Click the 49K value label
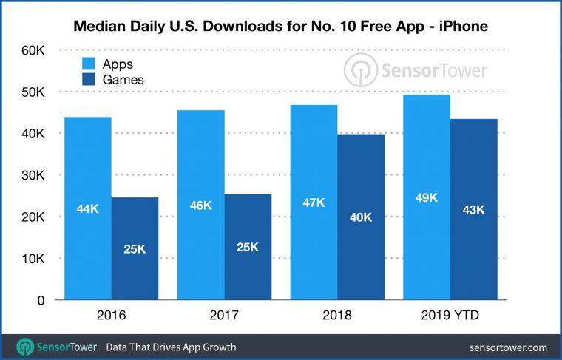coord(427,197)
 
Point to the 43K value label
coord(473,209)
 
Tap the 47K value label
coord(314,202)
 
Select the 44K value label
coord(88,208)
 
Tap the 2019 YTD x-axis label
coord(449,316)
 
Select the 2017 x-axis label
coord(223,316)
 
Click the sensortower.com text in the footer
coord(508,346)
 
